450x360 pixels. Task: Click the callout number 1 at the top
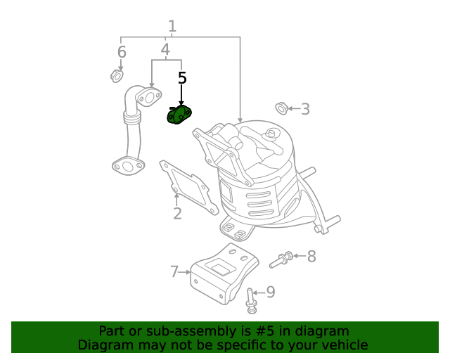tap(172, 27)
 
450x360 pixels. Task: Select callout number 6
tap(122, 52)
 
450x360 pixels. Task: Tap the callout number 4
tap(165, 50)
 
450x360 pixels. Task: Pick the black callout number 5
tap(182, 78)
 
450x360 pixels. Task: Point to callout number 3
tap(305, 108)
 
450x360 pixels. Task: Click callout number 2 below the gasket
tap(177, 213)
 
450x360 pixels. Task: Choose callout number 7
tap(174, 271)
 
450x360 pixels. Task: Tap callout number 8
tap(311, 256)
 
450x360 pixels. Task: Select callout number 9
tap(270, 292)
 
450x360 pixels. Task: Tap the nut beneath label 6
tap(117, 75)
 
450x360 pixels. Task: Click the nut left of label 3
tap(281, 108)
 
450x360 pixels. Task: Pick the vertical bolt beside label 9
tap(251, 300)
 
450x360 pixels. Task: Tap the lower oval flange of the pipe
tap(126, 167)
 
